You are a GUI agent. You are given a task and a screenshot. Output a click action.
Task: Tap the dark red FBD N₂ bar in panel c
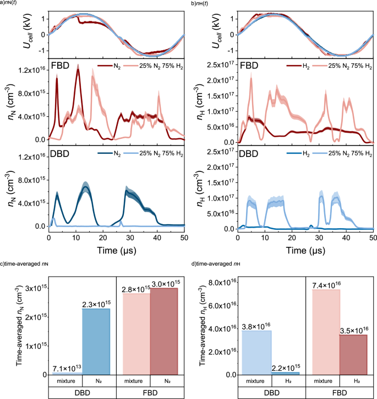(x=163, y=331)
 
